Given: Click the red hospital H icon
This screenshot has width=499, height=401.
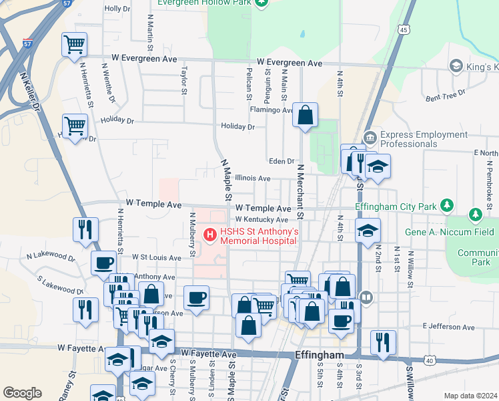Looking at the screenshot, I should tap(210, 235).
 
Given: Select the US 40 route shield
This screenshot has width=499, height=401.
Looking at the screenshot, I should tap(429, 360).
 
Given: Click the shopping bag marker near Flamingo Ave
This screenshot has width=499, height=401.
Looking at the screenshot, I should tap(305, 116).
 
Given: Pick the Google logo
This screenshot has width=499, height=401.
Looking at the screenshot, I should tap(22, 393).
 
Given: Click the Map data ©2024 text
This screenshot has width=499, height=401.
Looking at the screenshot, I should tap(470, 396).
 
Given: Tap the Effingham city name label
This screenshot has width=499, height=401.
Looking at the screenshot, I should tap(319, 355).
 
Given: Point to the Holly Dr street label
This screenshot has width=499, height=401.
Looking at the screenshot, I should tap(117, 9).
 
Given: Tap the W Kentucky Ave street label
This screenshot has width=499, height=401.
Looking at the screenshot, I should tap(261, 220).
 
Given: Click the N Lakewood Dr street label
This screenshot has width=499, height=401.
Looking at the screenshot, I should tap(51, 255).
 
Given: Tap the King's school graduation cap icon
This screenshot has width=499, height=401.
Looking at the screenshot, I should tap(456, 65).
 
